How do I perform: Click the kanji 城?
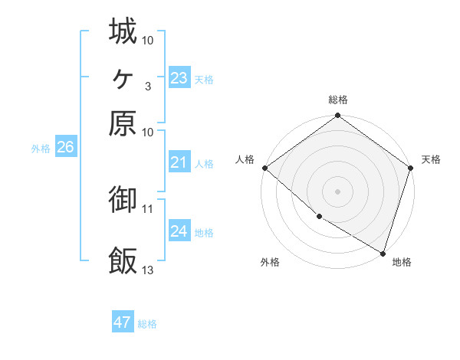(x=123, y=31)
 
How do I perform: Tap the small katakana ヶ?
(x=123, y=77)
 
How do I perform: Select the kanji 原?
(x=123, y=123)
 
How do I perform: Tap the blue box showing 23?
(x=179, y=78)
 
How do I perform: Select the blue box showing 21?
(x=179, y=162)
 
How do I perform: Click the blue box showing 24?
(x=179, y=231)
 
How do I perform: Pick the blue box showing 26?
(x=65, y=148)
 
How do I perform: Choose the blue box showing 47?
(x=123, y=322)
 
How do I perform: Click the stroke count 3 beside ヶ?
(x=147, y=86)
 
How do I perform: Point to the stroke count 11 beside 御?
(x=147, y=208)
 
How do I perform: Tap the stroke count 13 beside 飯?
(x=147, y=270)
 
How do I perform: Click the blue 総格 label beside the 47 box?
(x=147, y=324)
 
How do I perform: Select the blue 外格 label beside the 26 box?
(x=40, y=149)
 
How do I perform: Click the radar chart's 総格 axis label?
(x=338, y=100)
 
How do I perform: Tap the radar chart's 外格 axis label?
(x=270, y=263)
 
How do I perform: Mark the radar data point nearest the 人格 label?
(x=264, y=168)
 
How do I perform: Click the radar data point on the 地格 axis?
(x=383, y=252)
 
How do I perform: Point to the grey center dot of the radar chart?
(x=338, y=191)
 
